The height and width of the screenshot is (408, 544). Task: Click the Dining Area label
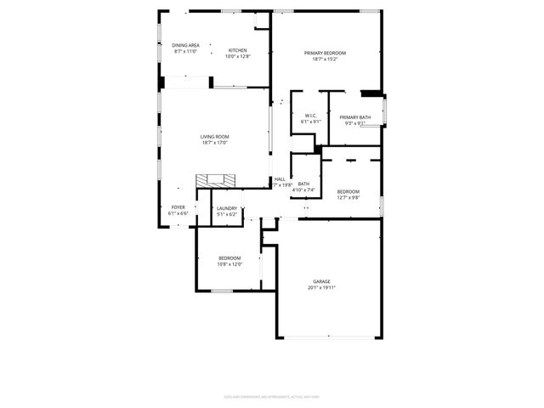(x=185, y=45)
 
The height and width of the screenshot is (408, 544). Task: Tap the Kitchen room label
(x=238, y=51)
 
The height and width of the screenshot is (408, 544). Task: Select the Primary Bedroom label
(x=325, y=53)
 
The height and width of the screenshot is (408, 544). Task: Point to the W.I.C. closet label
(x=310, y=116)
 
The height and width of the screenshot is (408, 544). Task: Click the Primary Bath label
(x=354, y=117)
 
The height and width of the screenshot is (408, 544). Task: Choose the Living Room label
(x=215, y=137)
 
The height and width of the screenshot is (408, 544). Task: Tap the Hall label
(x=280, y=179)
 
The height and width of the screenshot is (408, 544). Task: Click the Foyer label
(x=178, y=207)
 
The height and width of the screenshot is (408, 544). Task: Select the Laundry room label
(x=227, y=208)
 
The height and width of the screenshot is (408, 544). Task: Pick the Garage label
(x=321, y=281)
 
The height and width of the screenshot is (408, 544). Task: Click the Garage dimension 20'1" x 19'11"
(x=321, y=287)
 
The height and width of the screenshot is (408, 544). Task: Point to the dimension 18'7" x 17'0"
(x=215, y=143)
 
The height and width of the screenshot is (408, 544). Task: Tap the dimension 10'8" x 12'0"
(x=229, y=263)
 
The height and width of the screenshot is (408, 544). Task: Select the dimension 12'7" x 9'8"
(x=348, y=197)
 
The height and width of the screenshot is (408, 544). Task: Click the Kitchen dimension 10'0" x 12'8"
(x=238, y=57)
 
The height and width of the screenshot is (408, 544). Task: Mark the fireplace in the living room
(x=214, y=180)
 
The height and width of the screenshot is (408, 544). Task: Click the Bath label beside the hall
(x=303, y=184)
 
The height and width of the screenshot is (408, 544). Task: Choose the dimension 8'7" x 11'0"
(x=185, y=51)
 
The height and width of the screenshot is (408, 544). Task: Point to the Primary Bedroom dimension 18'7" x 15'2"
(x=325, y=59)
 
